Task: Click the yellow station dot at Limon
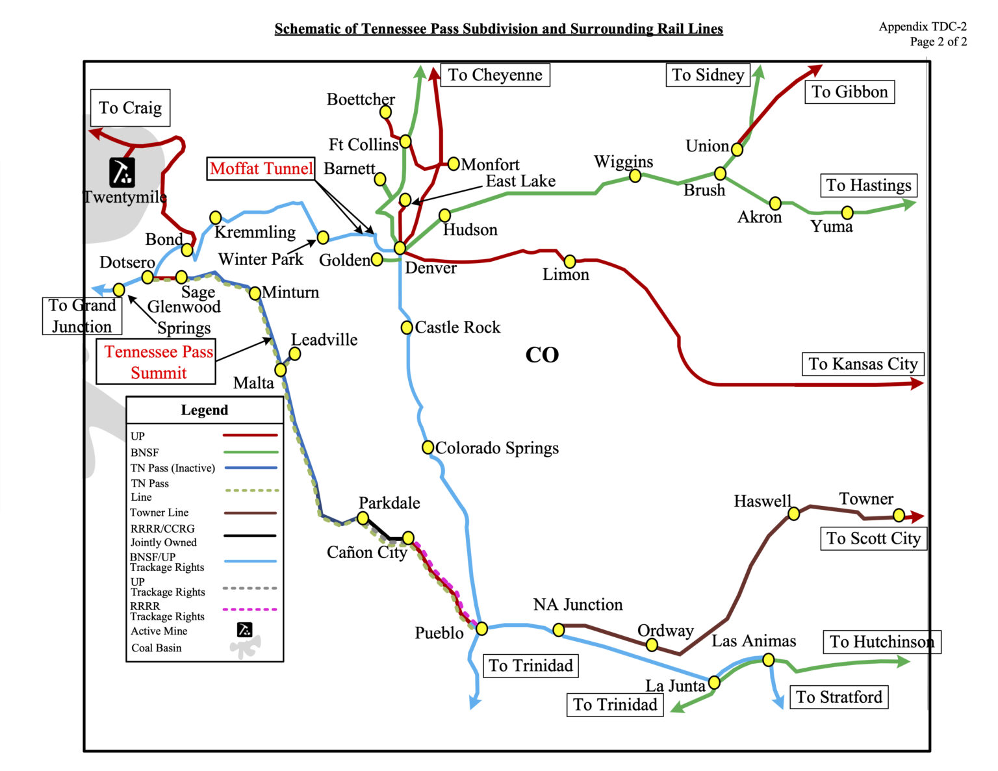[570, 261]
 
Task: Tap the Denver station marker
[400, 248]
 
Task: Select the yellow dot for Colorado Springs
[428, 447]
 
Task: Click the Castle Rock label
[457, 327]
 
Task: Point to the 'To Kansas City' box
[863, 364]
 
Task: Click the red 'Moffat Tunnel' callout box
[261, 169]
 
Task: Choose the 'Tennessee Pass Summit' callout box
[159, 362]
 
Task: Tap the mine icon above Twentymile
[122, 171]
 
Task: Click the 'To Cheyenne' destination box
[495, 75]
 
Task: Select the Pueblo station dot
[481, 628]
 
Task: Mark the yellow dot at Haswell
[793, 514]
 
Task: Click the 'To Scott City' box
[873, 538]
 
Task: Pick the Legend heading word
[205, 410]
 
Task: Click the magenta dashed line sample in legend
[250, 609]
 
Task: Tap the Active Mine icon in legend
[244, 629]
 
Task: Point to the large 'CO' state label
[542, 355]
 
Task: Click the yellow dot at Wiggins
[635, 175]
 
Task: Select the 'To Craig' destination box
[130, 108]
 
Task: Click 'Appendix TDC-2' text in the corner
[923, 27]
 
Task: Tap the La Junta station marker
[714, 682]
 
